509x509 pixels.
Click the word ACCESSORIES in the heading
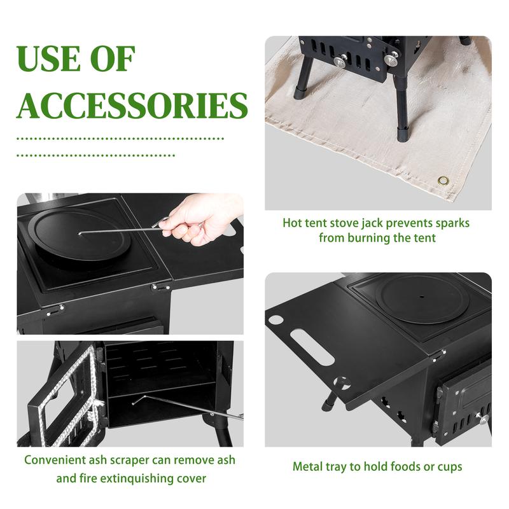pyautogui.click(x=132, y=105)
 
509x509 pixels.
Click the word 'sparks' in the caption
pyautogui.click(x=449, y=223)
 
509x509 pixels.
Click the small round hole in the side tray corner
pyautogui.click(x=276, y=319)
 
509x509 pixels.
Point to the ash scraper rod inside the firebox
pyautogui.click(x=185, y=408)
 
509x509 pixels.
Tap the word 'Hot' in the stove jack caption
pyautogui.click(x=293, y=223)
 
